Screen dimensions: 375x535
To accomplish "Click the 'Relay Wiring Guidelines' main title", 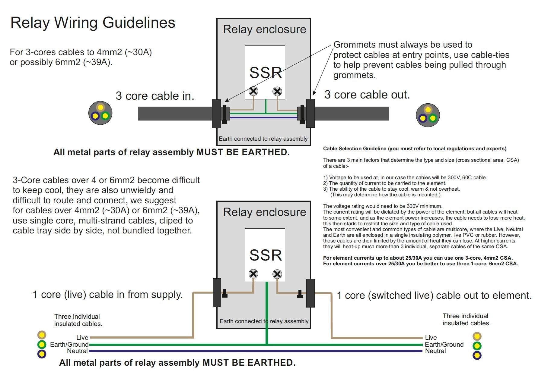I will coord(93,23).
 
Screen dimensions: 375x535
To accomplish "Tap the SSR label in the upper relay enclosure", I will coord(266,73).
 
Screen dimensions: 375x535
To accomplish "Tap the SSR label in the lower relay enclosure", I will coord(266,255).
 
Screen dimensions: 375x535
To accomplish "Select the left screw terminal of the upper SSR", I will coord(253,91).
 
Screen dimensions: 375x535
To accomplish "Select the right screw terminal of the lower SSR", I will coord(277,274).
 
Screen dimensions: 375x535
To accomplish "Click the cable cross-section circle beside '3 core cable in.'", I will coord(100,113).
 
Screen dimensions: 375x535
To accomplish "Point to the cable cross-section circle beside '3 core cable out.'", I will coord(428,115).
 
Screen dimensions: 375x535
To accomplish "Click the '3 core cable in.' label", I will coord(155,96).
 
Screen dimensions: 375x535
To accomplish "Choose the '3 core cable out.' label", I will coord(367,95).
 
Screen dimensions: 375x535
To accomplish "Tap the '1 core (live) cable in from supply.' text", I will coord(107,294).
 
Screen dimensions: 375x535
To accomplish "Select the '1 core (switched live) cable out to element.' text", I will coord(434,295).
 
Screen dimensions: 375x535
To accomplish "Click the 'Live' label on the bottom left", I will coord(82,337).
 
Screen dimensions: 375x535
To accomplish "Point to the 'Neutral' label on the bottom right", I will coord(435,351).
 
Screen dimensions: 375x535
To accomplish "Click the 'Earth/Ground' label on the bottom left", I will coord(69,344).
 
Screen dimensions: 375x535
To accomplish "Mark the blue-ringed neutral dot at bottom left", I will coord(42,354).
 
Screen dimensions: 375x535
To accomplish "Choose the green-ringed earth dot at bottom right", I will coord(477,345).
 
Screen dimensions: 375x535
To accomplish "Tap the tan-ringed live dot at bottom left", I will coord(42,335).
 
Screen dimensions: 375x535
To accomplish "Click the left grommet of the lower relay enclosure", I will coord(217,292).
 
